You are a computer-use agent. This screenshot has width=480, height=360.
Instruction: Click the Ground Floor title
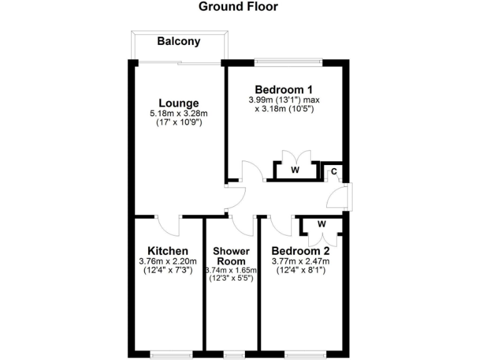click(x=237, y=7)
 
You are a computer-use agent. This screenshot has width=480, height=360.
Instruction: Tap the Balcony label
click(x=179, y=42)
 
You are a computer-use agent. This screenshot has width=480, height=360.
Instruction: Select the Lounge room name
click(x=179, y=103)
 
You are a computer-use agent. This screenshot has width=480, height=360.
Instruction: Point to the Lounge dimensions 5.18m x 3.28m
click(x=179, y=113)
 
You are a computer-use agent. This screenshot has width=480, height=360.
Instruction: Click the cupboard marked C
click(x=334, y=171)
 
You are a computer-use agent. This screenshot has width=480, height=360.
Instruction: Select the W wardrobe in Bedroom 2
click(x=321, y=223)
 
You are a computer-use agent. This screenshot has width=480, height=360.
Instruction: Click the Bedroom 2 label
click(x=301, y=251)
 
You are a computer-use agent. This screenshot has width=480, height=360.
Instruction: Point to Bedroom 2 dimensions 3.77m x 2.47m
click(x=301, y=261)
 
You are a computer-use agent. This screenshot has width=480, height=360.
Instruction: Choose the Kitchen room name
click(x=168, y=251)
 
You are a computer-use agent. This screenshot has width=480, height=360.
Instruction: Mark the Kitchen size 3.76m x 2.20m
click(x=168, y=261)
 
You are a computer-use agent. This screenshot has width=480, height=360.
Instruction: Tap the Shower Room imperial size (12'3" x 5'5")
click(x=231, y=278)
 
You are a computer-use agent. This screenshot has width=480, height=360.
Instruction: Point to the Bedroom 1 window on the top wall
click(x=288, y=61)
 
